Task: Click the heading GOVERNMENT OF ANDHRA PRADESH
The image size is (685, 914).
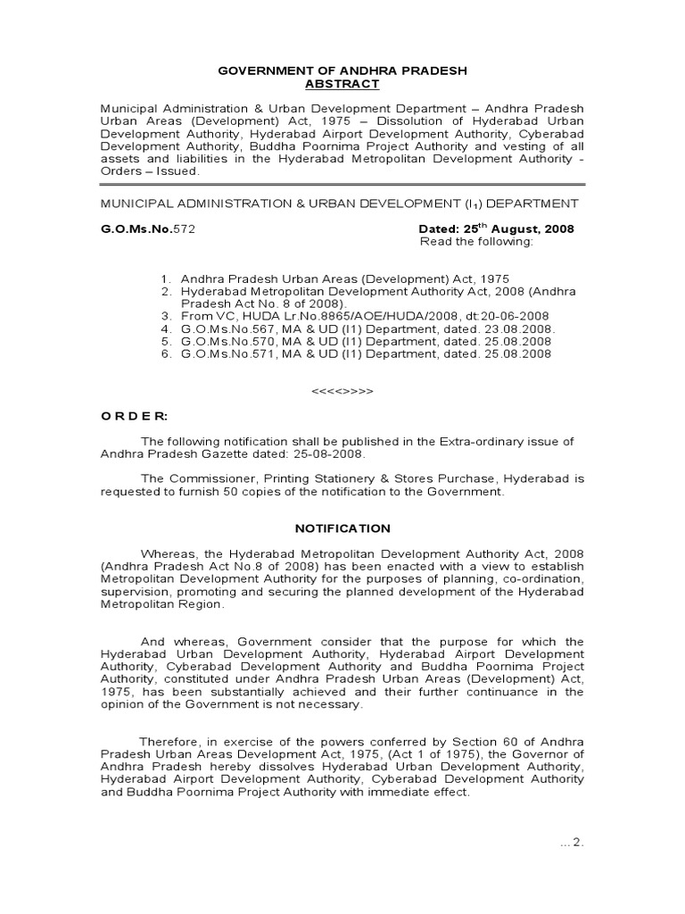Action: tap(342, 70)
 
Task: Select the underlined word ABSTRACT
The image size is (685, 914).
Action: tap(342, 84)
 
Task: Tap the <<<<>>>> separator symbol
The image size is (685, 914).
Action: tap(342, 391)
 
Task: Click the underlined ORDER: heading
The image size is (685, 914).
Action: tap(133, 416)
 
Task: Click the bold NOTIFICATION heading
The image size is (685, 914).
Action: tap(342, 528)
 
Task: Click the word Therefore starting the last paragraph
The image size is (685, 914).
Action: tap(169, 742)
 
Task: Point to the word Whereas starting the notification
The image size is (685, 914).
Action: tap(170, 554)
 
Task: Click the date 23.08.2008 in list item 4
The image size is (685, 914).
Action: tap(522, 328)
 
